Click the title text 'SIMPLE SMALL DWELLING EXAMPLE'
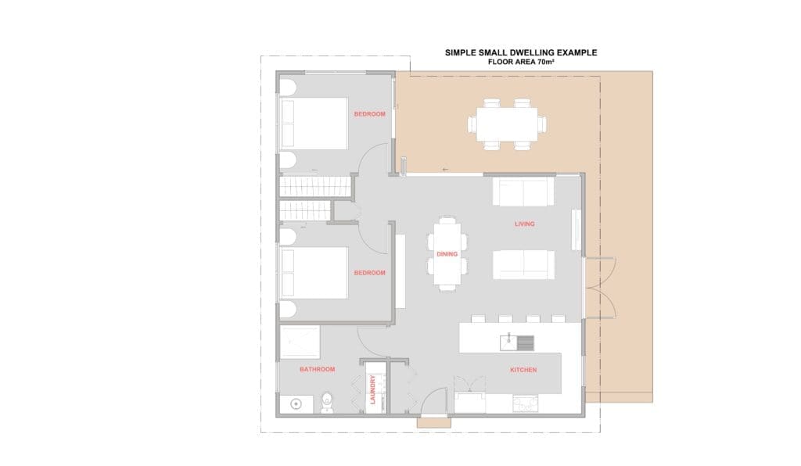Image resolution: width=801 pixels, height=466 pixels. click(x=520, y=52)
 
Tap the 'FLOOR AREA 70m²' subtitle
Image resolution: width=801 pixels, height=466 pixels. click(x=521, y=62)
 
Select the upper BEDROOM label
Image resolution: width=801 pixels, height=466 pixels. click(x=370, y=114)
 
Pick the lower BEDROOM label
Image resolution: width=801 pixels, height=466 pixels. click(x=370, y=273)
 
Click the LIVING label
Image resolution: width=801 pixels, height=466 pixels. click(x=525, y=224)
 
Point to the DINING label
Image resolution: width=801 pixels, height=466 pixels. click(x=447, y=254)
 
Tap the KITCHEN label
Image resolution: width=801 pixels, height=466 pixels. click(x=523, y=370)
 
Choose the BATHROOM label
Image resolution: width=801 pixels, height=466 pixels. click(x=318, y=370)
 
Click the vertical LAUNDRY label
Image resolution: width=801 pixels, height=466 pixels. click(x=372, y=389)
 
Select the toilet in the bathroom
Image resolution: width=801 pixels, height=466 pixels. click(x=327, y=403)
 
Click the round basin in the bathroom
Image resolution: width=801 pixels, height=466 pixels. click(x=296, y=404)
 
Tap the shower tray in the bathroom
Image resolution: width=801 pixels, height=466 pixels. click(x=300, y=342)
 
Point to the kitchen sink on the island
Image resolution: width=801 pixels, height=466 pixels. click(x=517, y=343)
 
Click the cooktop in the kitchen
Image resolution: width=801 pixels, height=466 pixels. click(x=525, y=404)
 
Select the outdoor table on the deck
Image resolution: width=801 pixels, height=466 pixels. click(x=507, y=124)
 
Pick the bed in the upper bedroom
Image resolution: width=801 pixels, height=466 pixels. click(x=314, y=124)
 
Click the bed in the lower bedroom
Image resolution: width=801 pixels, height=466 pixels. click(x=314, y=273)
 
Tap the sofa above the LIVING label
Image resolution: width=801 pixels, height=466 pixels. click(x=523, y=192)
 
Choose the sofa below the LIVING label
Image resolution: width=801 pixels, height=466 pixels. click(x=523, y=264)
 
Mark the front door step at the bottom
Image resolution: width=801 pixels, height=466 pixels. click(x=433, y=423)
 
